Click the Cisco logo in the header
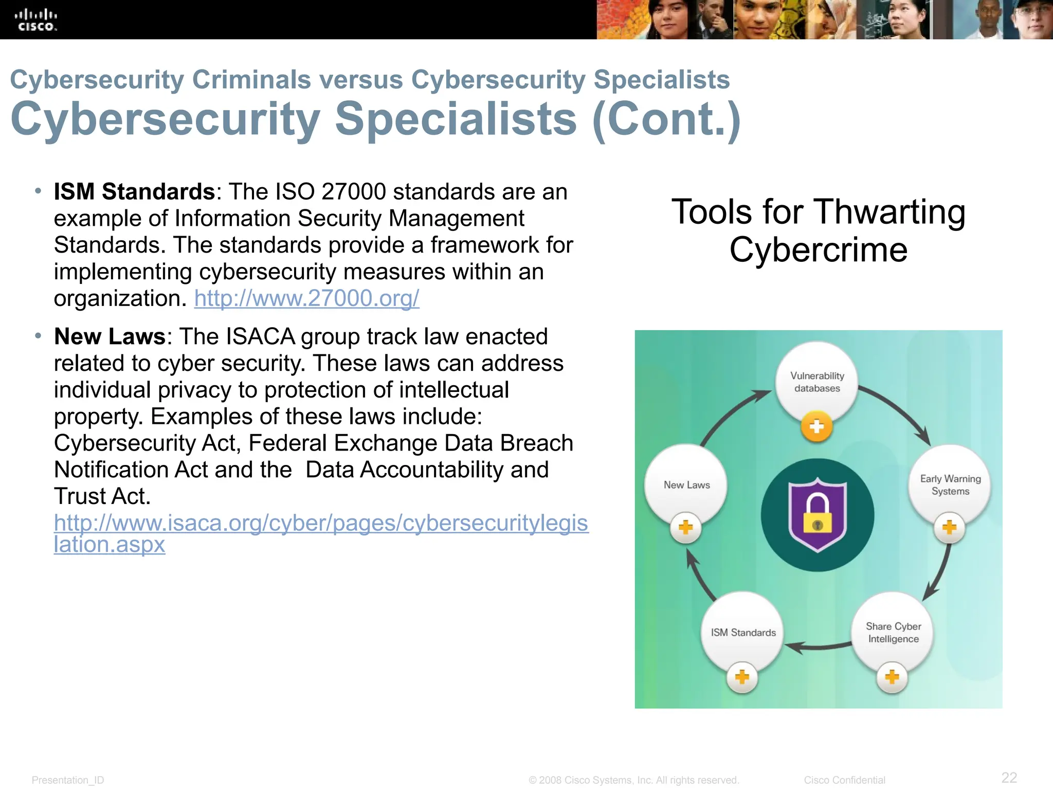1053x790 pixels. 35,20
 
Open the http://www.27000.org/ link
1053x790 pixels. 306,298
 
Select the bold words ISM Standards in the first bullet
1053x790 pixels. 134,192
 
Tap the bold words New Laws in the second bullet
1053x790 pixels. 110,337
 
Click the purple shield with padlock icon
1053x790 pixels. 817,515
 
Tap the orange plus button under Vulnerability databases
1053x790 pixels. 816,426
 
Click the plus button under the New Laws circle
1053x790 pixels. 685,527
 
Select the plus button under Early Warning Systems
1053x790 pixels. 949,527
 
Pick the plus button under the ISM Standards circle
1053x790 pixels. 742,677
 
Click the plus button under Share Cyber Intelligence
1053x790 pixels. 892,677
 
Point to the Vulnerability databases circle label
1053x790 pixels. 817,382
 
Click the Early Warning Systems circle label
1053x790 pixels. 950,485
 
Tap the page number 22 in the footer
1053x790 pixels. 1009,777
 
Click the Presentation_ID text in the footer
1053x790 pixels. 68,780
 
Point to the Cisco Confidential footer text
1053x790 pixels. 844,780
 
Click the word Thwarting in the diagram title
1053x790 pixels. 890,211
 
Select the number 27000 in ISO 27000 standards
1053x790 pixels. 353,192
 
